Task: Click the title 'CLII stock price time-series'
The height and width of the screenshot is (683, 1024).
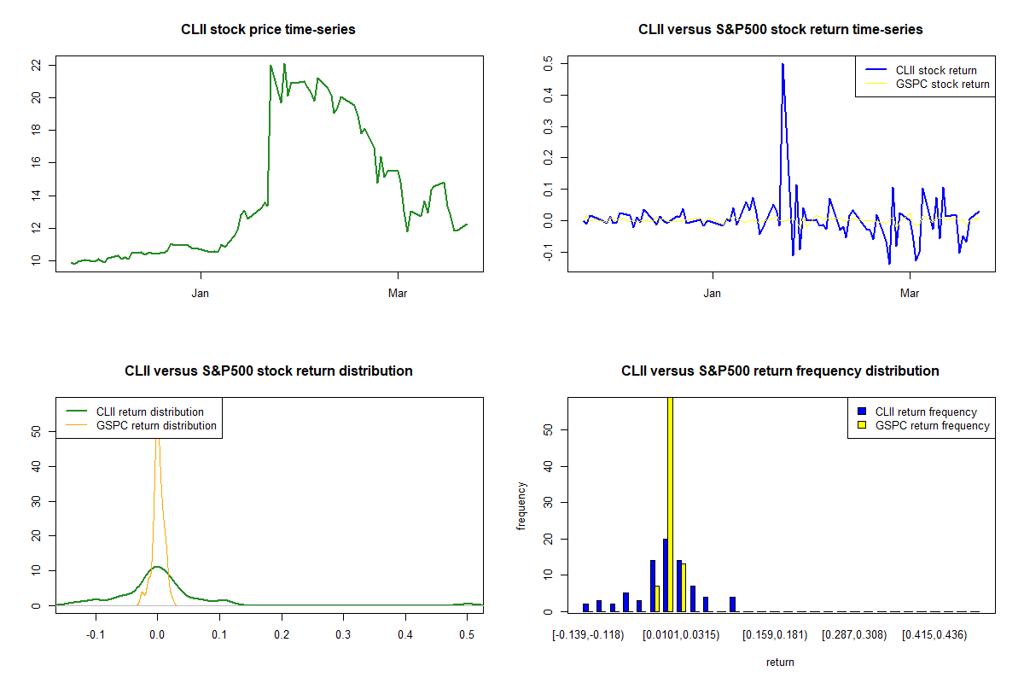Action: [x=268, y=30]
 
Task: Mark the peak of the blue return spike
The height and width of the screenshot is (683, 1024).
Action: [x=783, y=64]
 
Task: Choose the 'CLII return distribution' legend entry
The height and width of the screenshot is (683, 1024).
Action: [x=149, y=412]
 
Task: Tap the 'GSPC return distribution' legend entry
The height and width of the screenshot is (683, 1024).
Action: [x=156, y=425]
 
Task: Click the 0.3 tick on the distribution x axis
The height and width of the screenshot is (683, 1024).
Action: [x=343, y=635]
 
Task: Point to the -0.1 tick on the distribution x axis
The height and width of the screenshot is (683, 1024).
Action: [x=96, y=635]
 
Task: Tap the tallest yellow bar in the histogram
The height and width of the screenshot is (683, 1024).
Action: [x=670, y=504]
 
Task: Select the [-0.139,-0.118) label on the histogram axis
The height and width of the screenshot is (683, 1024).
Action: [x=588, y=635]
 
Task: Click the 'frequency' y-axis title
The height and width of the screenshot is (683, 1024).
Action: [x=521, y=505]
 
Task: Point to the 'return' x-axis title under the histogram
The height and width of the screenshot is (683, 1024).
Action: [x=780, y=662]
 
